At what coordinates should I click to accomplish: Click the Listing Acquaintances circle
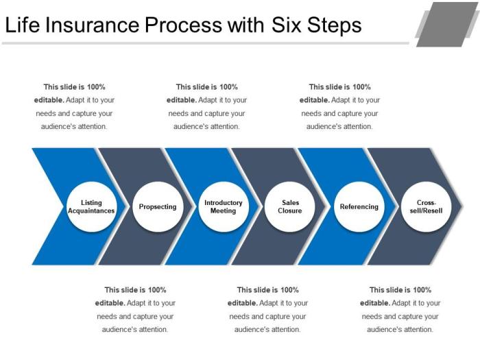91,206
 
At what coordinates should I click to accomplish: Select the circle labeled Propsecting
158,206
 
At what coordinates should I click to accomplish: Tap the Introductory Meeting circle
224,206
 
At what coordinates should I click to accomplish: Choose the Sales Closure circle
290,206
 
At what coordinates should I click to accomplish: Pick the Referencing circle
359,206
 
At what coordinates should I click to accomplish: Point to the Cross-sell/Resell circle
426,206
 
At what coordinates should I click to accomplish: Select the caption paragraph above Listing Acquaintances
74,106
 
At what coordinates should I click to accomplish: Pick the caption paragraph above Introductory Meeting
206,106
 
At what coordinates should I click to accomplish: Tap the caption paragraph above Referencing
339,106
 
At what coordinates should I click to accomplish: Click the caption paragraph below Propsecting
135,309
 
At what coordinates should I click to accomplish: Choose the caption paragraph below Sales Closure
267,309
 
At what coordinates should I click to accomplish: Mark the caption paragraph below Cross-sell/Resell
400,309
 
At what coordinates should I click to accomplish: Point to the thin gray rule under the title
206,43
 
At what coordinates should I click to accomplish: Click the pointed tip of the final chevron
464,206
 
